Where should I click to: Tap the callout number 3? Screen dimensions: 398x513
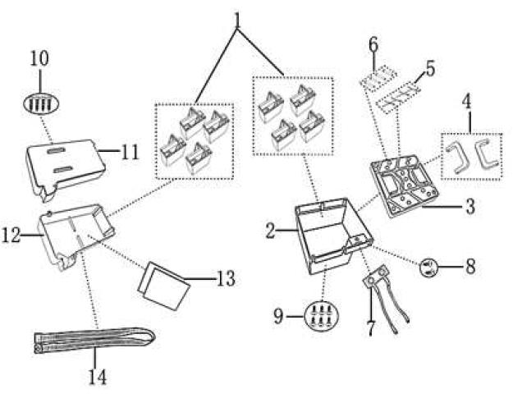(469, 206)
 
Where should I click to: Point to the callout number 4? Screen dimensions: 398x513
(466, 104)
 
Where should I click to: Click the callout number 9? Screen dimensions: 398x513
(279, 316)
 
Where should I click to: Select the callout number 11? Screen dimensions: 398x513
(129, 152)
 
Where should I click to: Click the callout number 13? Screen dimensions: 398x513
(224, 280)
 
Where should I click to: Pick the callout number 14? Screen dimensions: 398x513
(97, 378)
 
